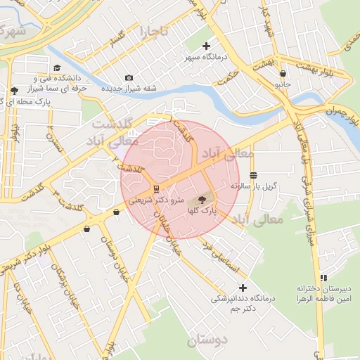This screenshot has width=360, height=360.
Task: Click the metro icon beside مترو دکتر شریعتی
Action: (155, 188)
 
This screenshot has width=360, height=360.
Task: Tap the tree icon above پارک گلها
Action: (203, 200)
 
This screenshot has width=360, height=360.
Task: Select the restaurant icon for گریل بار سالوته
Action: (253, 175)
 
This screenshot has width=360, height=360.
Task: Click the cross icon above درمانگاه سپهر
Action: (206, 46)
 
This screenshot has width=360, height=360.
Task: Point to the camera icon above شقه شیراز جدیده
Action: (128, 77)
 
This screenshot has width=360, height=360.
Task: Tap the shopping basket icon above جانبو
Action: (283, 73)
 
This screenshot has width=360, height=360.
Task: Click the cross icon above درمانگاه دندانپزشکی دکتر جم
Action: (243, 288)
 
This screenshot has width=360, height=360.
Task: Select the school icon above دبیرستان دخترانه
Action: (323, 278)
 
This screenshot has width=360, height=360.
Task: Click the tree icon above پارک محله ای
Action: (15, 90)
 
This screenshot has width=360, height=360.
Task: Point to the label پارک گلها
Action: (202, 210)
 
